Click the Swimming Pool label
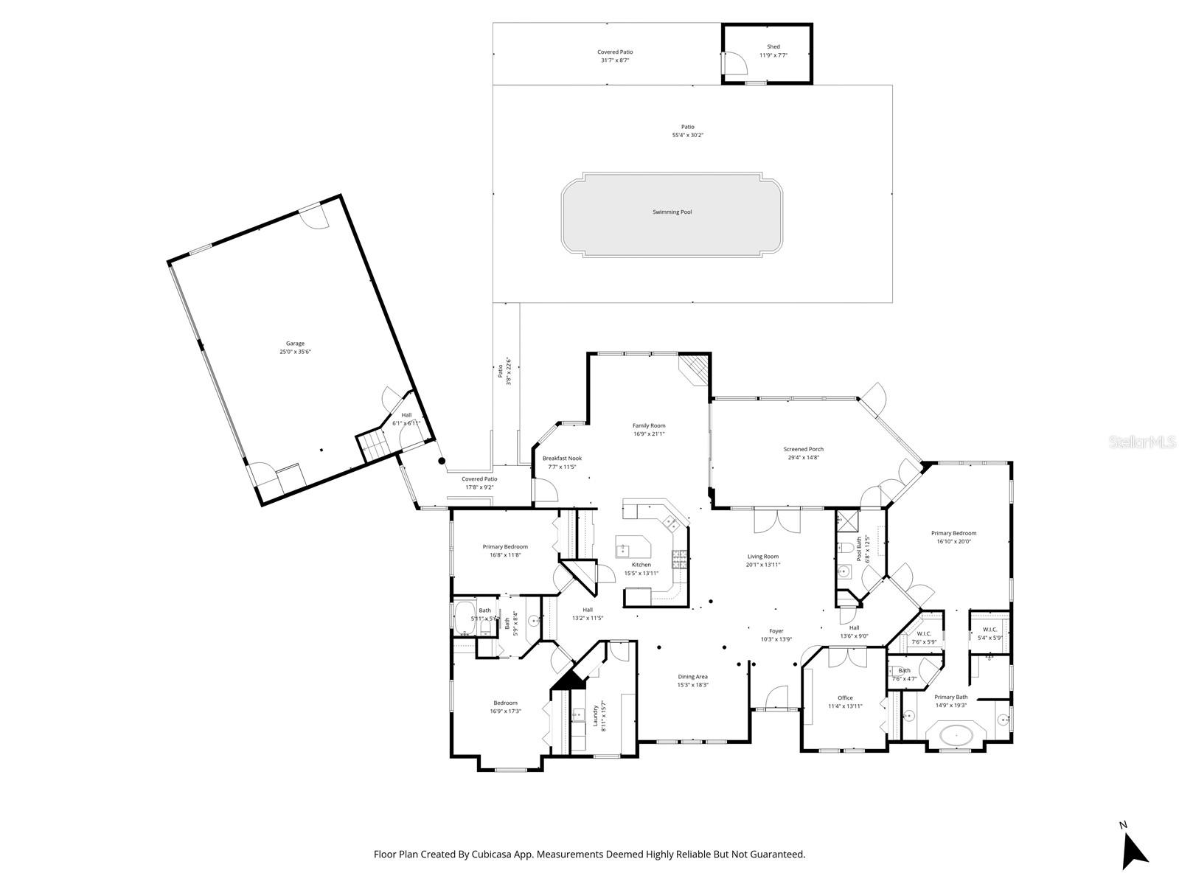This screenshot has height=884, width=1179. click(672, 212)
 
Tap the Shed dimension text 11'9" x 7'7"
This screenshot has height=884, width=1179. click(773, 55)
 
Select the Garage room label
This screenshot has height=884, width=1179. click(295, 344)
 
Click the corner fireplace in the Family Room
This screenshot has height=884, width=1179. click(695, 369)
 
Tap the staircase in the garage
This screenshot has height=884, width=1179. click(371, 445)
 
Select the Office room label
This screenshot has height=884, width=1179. click(845, 697)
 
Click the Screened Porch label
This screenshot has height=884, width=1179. click(803, 449)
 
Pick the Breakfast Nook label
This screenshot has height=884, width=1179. click(562, 458)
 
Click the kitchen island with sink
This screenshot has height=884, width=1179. click(634, 548)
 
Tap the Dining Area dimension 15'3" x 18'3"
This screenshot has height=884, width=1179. click(692, 685)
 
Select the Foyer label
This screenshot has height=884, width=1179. click(776, 631)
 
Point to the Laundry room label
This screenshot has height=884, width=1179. click(595, 715)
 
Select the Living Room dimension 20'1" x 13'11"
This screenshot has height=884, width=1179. click(762, 565)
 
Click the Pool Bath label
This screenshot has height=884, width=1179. click(859, 549)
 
